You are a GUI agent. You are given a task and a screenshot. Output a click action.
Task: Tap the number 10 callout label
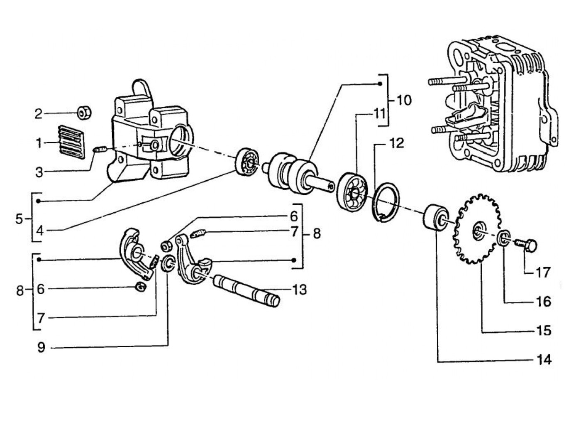[x=404, y=100]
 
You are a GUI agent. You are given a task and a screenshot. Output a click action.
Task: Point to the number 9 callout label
[x=41, y=347]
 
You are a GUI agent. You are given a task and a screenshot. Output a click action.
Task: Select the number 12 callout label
[x=396, y=143]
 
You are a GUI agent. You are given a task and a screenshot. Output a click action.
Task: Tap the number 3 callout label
[x=39, y=172]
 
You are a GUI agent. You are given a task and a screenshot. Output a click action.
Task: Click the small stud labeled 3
[x=101, y=149]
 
